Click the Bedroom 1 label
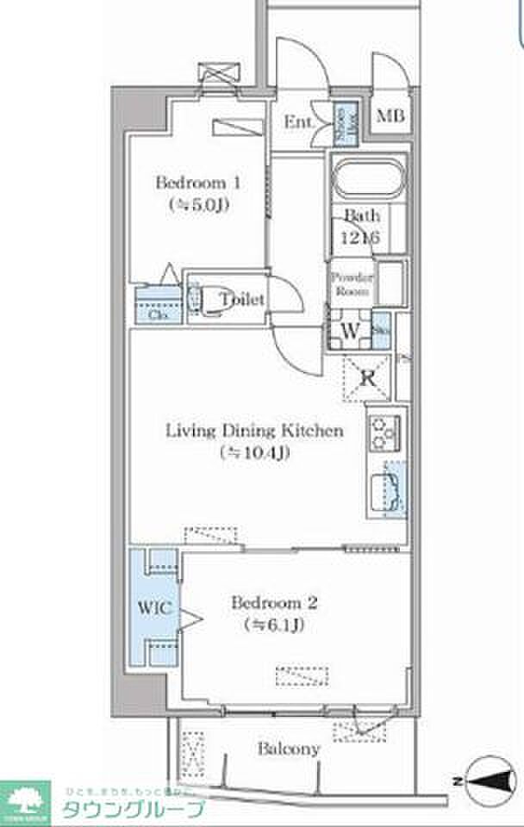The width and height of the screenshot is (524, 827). pyautogui.click(x=197, y=183)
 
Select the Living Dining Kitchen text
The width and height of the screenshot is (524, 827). pyautogui.click(x=255, y=430)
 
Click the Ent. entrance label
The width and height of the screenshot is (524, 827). pyautogui.click(x=297, y=121)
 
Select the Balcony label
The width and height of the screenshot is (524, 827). pyautogui.click(x=289, y=749)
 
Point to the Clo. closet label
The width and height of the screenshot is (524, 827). pyautogui.click(x=158, y=314)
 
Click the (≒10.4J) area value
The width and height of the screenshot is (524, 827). pyautogui.click(x=255, y=451)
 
